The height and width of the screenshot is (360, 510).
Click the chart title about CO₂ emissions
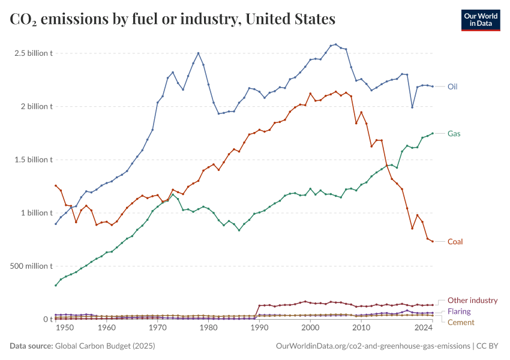173,19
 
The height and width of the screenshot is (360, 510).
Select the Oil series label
453,86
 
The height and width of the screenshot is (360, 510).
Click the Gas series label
454,133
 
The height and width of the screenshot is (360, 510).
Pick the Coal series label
455,241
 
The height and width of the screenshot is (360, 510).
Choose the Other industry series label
473,300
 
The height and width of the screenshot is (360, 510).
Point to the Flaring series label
459,311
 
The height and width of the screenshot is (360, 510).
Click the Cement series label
460,322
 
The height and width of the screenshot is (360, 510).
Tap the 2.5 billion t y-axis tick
34,53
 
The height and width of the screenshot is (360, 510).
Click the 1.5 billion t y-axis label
34,160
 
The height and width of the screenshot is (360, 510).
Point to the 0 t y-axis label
47,319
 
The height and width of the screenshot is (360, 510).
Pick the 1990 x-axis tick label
259,328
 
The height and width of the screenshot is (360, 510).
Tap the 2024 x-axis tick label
424,328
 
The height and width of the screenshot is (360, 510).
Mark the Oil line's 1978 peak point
199,53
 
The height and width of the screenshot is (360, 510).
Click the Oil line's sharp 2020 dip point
412,107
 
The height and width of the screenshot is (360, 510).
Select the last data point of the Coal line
433,241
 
